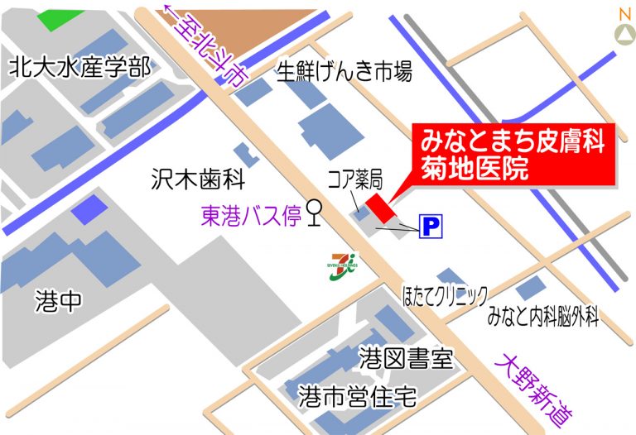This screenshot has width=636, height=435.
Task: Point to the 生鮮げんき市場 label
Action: click(344, 73)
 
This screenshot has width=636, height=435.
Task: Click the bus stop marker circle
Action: click(314, 208)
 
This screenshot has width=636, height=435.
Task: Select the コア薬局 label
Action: click(354, 177)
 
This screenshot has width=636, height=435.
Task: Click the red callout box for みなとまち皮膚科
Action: click(512, 153)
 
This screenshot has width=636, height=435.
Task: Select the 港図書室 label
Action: click(406, 358)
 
